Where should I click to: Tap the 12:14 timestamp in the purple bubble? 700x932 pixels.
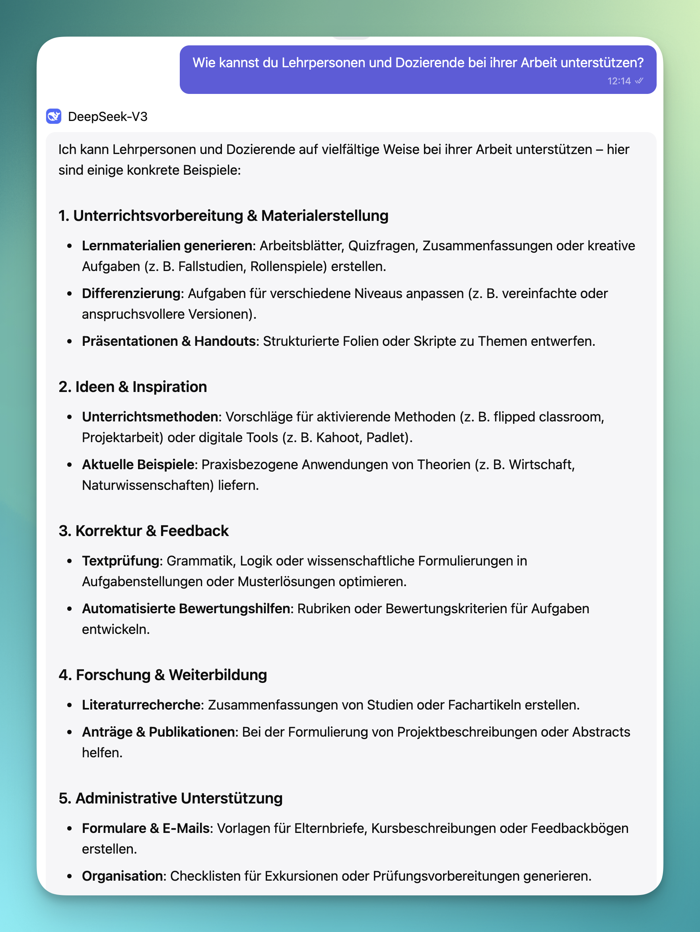(619, 81)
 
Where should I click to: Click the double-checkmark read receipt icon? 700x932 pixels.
(639, 81)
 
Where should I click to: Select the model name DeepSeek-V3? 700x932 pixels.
(108, 117)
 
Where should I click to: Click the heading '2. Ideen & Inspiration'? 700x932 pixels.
(133, 387)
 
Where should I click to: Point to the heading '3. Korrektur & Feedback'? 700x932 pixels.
(144, 531)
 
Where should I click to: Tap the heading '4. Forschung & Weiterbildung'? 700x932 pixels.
(163, 675)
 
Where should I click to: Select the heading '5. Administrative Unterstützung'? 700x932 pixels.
(171, 798)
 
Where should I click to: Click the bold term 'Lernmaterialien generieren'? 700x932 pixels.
(167, 246)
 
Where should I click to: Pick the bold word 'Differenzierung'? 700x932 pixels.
(131, 293)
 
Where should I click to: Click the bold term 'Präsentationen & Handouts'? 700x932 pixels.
(169, 341)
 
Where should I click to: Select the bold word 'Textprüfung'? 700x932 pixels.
(121, 561)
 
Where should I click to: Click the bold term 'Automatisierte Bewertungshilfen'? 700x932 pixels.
(186, 609)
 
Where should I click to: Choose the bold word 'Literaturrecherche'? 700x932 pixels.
(141, 705)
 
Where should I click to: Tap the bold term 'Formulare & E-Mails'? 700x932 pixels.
(146, 829)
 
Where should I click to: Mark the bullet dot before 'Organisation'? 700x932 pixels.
(70, 876)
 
